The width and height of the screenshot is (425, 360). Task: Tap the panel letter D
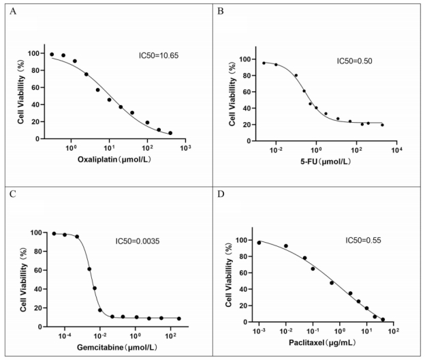220,192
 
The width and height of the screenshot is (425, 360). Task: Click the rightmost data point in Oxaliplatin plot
170,133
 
